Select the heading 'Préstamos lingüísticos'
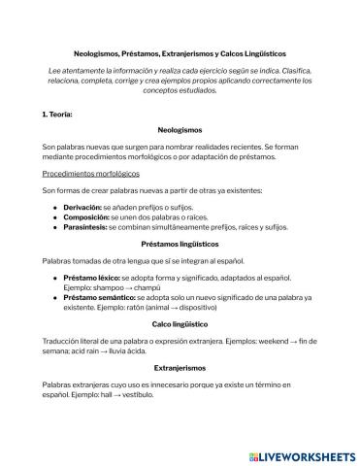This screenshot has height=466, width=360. tap(180, 245)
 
